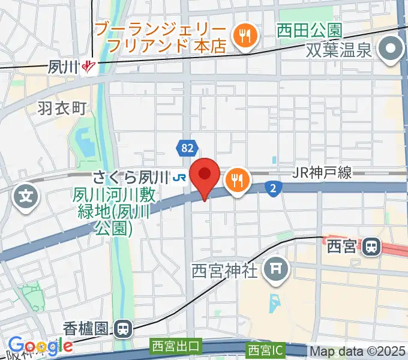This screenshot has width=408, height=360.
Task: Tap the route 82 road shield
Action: click(185, 148)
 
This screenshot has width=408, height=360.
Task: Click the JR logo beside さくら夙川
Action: click(178, 177)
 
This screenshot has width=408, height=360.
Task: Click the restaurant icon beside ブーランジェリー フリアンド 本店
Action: click(245, 37)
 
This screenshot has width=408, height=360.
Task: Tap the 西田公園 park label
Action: click(310, 29)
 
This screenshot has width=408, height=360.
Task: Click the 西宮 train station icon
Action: click(373, 246)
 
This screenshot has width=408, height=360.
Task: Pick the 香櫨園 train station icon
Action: click(123, 328)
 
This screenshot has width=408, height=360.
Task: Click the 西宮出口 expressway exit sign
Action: click(175, 346)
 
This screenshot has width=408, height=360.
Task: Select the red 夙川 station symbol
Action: click(89, 66)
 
